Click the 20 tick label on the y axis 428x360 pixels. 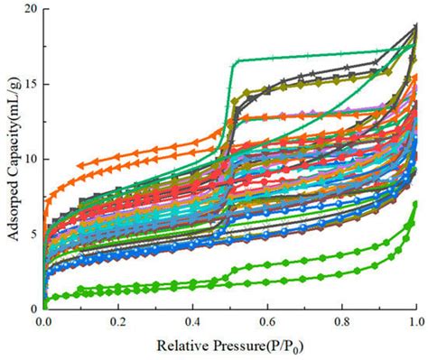click(30, 10)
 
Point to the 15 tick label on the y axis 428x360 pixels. click(30, 85)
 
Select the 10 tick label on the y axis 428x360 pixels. click(30, 160)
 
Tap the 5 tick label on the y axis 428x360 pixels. click(33, 235)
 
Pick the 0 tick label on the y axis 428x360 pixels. click(33, 309)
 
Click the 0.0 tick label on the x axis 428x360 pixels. click(43, 320)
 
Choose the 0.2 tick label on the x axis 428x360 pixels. click(117, 320)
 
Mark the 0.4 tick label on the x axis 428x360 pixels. click(192, 320)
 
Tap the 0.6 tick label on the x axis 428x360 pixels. click(266, 320)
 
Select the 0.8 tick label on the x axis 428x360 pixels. click(341, 320)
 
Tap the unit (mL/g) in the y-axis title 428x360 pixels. click(11, 100)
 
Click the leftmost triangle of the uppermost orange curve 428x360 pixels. click(80, 165)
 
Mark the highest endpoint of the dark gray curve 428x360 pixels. click(415, 26)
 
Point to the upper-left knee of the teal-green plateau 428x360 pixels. click(236, 61)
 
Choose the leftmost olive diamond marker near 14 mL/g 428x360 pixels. click(235, 101)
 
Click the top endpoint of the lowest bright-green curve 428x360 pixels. click(415, 204)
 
